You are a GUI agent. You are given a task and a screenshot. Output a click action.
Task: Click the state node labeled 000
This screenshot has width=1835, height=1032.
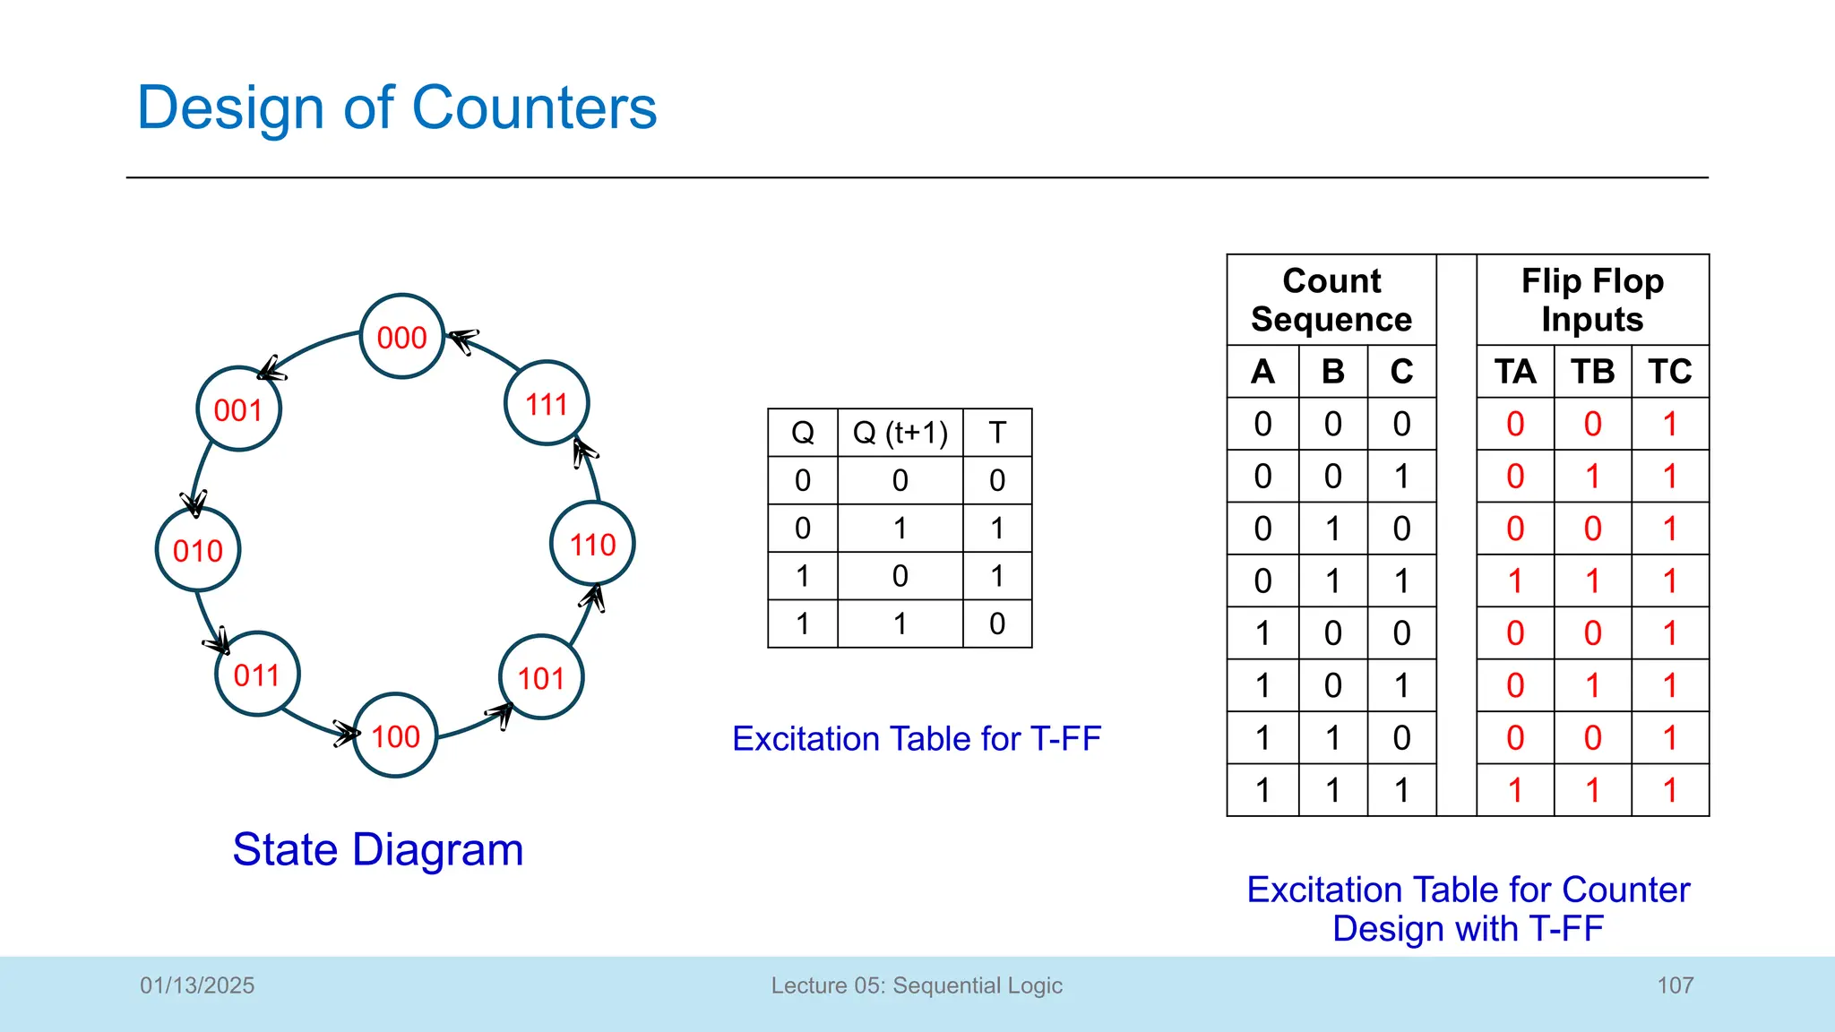(x=401, y=337)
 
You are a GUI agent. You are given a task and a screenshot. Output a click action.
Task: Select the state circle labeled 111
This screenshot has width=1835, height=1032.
(x=547, y=403)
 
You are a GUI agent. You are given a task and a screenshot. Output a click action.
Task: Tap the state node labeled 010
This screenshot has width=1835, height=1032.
(x=198, y=550)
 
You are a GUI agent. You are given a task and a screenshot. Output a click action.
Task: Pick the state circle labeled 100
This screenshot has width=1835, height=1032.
(x=395, y=735)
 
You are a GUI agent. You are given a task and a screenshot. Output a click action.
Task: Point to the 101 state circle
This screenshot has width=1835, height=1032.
(x=541, y=677)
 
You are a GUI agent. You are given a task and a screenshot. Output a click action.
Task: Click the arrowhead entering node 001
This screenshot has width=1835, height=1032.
(x=270, y=368)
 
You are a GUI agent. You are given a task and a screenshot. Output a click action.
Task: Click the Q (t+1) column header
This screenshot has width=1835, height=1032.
(x=900, y=433)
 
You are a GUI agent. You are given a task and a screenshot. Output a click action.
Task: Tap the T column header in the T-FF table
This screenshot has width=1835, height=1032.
(x=997, y=433)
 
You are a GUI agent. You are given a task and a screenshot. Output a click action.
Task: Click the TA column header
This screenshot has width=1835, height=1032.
(x=1514, y=371)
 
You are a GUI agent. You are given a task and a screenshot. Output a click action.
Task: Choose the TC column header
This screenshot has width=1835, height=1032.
(x=1669, y=371)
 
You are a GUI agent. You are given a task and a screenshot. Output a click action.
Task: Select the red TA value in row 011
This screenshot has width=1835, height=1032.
(x=1514, y=580)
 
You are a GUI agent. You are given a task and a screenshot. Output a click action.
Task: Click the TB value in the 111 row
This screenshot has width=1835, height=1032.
(x=1592, y=790)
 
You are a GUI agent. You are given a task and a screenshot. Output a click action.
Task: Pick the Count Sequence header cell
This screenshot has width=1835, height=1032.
(x=1331, y=300)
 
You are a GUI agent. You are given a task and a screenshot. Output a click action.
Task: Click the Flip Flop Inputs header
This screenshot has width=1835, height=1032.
(x=1592, y=300)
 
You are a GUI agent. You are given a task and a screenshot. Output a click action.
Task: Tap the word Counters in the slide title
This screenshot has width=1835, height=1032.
(x=534, y=107)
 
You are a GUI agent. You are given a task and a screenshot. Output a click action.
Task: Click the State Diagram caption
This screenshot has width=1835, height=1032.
(x=377, y=849)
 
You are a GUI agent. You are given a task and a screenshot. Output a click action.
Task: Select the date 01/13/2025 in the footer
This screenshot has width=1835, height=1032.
(x=197, y=985)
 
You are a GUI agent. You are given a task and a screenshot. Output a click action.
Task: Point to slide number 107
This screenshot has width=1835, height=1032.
(x=1675, y=985)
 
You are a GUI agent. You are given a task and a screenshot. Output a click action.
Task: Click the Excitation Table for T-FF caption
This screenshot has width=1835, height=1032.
(x=916, y=739)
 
